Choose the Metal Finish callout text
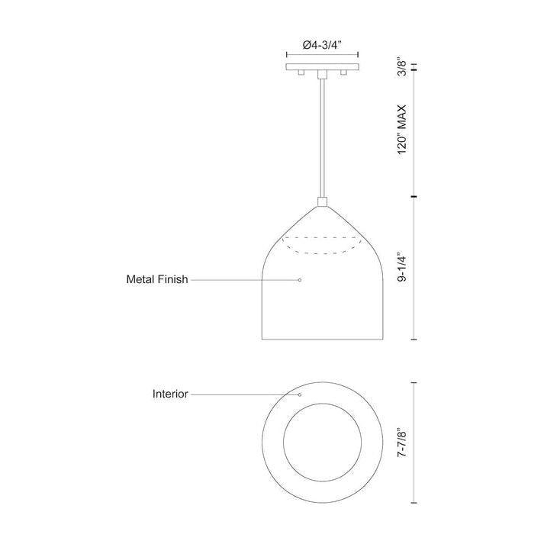click(156, 280)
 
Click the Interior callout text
click(170, 394)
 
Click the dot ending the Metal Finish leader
click(299, 280)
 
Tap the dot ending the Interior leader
click(299, 394)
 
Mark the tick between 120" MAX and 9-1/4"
click(414, 197)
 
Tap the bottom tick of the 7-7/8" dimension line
click(414, 504)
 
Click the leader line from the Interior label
click(244, 394)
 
